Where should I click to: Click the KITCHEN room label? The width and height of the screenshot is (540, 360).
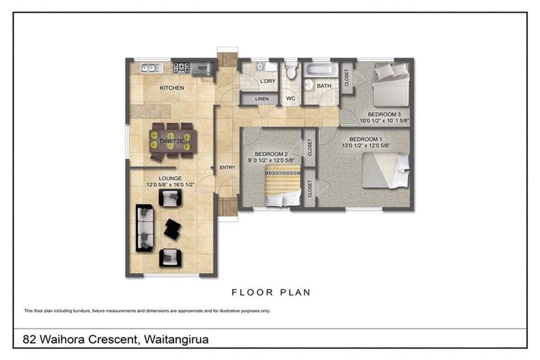click(x=172, y=88)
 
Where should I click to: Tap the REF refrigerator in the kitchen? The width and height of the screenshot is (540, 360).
click(x=202, y=68)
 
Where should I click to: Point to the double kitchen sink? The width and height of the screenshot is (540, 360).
click(x=150, y=67)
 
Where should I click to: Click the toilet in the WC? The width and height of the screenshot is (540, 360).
click(x=291, y=72)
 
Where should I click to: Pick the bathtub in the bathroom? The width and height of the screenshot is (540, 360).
click(x=321, y=70)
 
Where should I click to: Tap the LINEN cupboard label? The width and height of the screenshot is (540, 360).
click(x=262, y=99)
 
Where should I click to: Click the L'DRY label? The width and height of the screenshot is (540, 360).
click(x=267, y=82)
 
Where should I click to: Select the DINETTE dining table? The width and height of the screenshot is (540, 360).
click(x=171, y=139)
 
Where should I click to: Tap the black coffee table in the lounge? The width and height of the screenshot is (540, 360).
click(x=172, y=228)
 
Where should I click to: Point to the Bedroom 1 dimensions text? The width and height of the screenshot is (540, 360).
click(x=365, y=146)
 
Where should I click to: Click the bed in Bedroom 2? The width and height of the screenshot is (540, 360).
click(x=281, y=186)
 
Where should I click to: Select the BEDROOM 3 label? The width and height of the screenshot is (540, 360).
click(x=384, y=113)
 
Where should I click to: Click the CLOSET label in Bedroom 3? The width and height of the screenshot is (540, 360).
click(x=347, y=76)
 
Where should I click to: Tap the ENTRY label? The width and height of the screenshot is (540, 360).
click(x=226, y=167)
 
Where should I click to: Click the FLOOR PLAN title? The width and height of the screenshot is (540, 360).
click(x=271, y=292)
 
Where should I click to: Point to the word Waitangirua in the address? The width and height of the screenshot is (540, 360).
click(x=176, y=340)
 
